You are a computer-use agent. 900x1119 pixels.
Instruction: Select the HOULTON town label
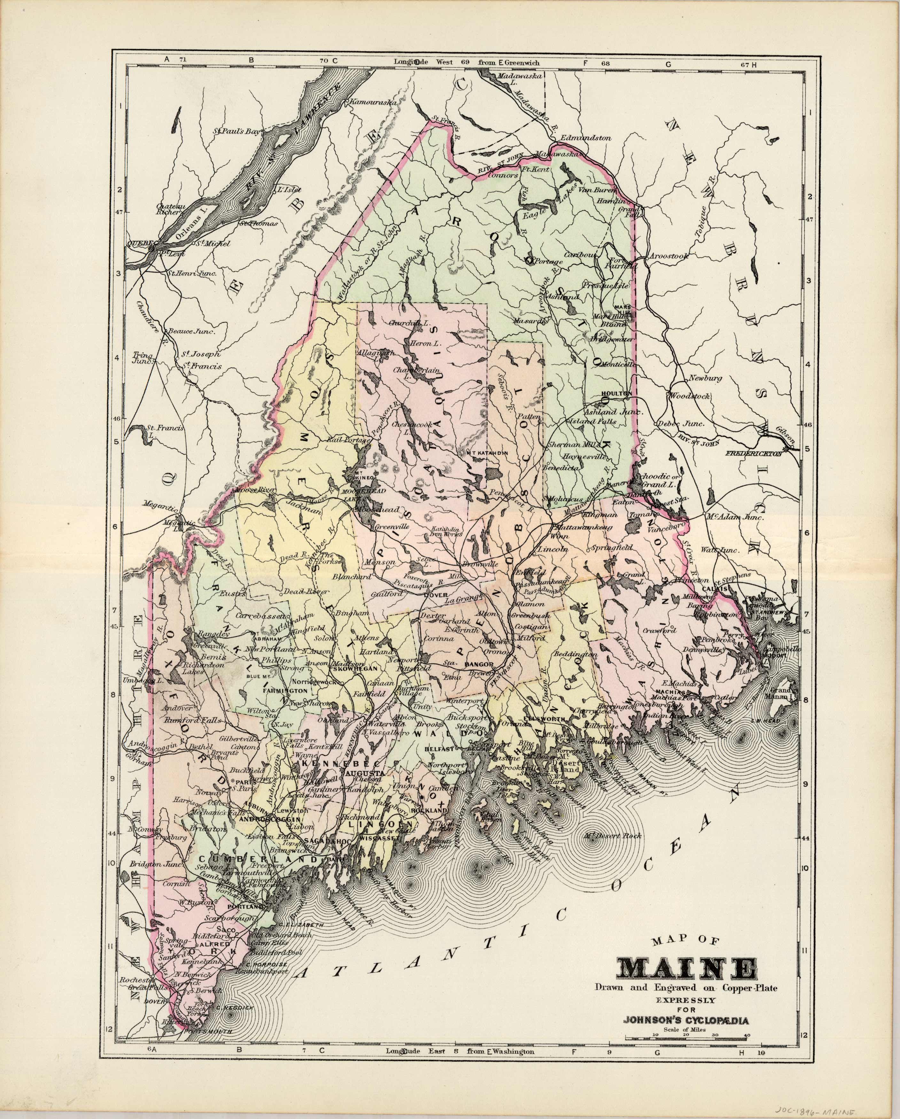coord(616,394)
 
